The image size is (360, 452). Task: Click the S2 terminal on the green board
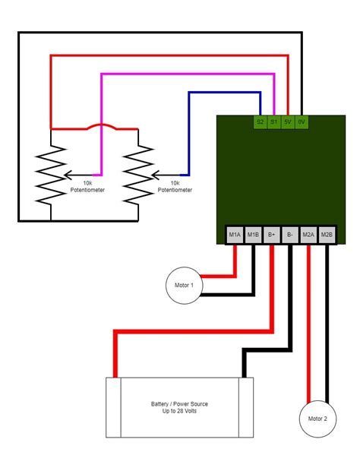260,122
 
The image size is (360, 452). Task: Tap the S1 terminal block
273,122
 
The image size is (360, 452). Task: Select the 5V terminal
288,122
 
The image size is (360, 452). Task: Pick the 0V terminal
302,122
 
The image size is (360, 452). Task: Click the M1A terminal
235,235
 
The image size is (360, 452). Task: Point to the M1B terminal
253,235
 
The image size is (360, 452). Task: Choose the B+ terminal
272,235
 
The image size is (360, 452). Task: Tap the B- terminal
290,235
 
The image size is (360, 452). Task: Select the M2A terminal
308,235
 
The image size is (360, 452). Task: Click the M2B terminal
327,235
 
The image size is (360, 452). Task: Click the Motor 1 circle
185,285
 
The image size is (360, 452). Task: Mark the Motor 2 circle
317,419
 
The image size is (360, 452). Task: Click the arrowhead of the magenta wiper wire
66,174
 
